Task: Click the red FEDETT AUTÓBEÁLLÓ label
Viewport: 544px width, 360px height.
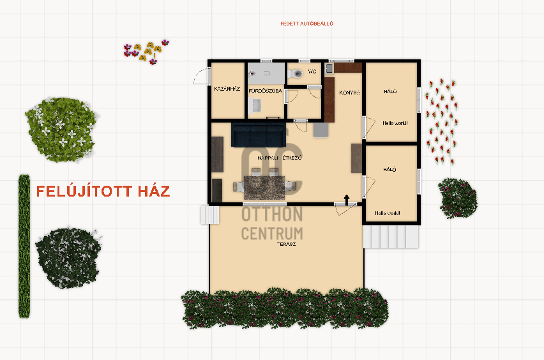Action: (x=306, y=24)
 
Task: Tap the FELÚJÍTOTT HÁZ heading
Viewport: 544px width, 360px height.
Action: (x=103, y=191)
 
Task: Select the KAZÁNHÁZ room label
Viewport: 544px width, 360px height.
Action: (x=227, y=89)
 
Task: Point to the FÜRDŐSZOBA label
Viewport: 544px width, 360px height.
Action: (x=266, y=91)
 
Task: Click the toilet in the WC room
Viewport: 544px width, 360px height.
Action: (x=295, y=73)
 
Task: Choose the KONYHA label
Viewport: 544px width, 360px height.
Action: (x=349, y=93)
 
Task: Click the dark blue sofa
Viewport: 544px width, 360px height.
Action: (x=257, y=135)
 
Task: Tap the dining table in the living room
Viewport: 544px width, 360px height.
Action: (x=264, y=187)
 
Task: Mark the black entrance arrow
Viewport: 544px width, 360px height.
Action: (x=346, y=199)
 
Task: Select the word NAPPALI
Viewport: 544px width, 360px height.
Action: (x=268, y=158)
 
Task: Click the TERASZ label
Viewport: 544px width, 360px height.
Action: (x=286, y=244)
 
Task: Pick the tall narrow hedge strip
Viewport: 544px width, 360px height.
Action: (x=24, y=246)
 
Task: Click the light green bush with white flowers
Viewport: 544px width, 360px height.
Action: (x=61, y=130)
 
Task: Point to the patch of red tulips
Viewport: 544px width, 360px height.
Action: (x=442, y=121)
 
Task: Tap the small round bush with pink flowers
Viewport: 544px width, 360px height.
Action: (x=458, y=198)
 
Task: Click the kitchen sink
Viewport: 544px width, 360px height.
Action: (x=329, y=68)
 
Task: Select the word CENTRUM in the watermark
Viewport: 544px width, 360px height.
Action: (x=272, y=234)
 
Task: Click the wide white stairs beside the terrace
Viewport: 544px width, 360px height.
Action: (x=391, y=237)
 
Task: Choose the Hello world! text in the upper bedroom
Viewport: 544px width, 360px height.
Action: (x=395, y=123)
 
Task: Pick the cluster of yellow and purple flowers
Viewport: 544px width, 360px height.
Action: (x=146, y=52)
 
